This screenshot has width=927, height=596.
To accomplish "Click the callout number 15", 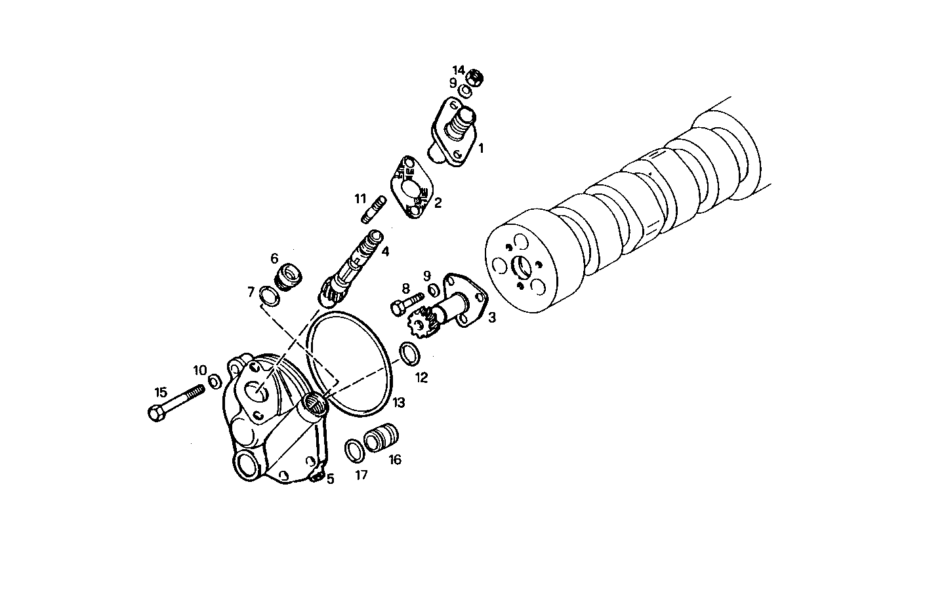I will coord(161,393).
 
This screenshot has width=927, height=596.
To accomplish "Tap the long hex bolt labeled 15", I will coord(176,402).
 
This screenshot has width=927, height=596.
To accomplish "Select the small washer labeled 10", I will coord(215,381).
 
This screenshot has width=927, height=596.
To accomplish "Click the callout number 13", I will coord(398,402).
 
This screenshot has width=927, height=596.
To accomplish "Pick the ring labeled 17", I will coord(354,450).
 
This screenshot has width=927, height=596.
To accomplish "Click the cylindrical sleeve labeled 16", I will coord(382,437).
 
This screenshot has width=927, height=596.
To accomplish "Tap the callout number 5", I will coord(331,479).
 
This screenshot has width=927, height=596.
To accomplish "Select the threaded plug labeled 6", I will coord(287,275).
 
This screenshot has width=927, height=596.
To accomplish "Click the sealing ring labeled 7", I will coord(268,296).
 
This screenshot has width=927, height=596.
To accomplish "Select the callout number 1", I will coord(480,149).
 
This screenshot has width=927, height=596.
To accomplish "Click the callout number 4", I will coord(386,251).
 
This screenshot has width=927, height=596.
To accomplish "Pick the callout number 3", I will coord(491,318).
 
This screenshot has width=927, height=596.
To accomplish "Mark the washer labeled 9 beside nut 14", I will coord(465,90).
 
